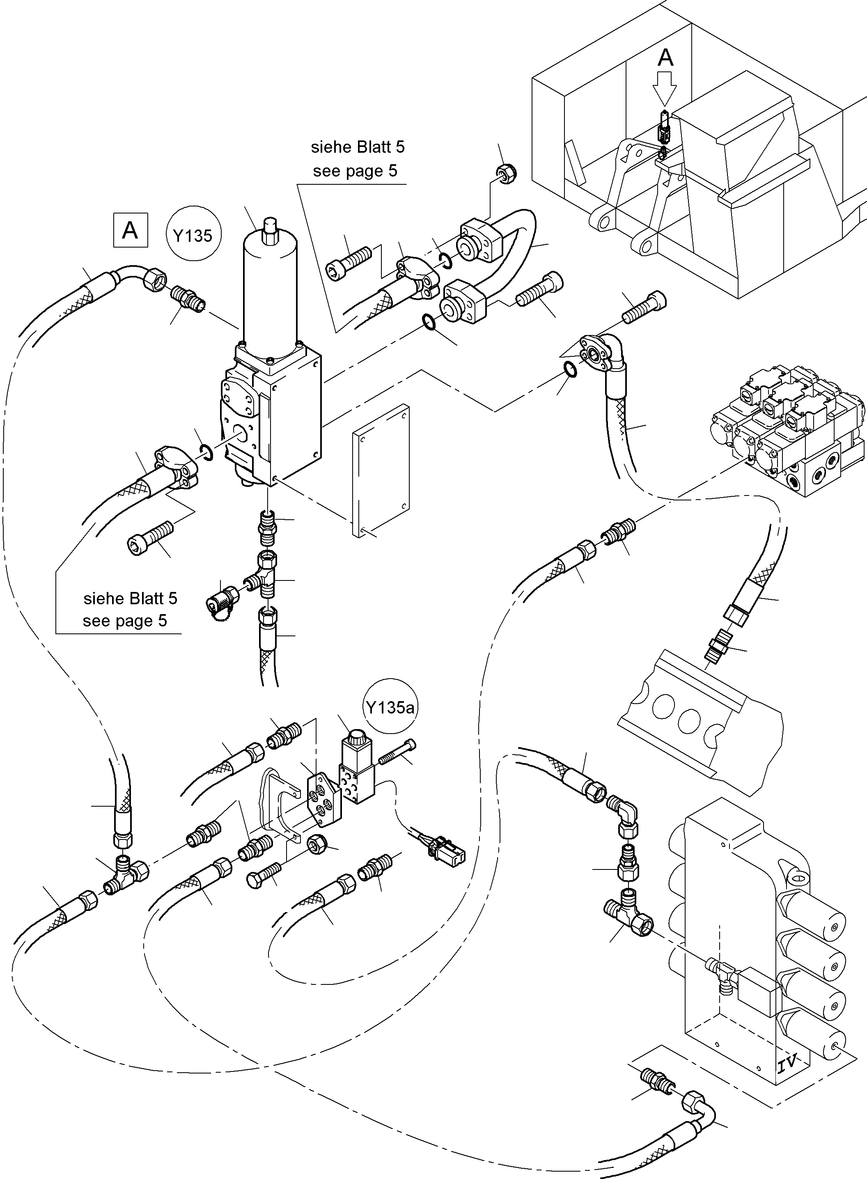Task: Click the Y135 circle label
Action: (x=193, y=236)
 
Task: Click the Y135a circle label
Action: (x=390, y=708)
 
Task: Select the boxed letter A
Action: (x=130, y=230)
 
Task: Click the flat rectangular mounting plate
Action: (x=381, y=470)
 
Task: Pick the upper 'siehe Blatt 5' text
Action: (x=358, y=147)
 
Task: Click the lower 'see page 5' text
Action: (x=125, y=621)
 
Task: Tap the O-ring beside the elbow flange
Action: (x=570, y=369)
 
